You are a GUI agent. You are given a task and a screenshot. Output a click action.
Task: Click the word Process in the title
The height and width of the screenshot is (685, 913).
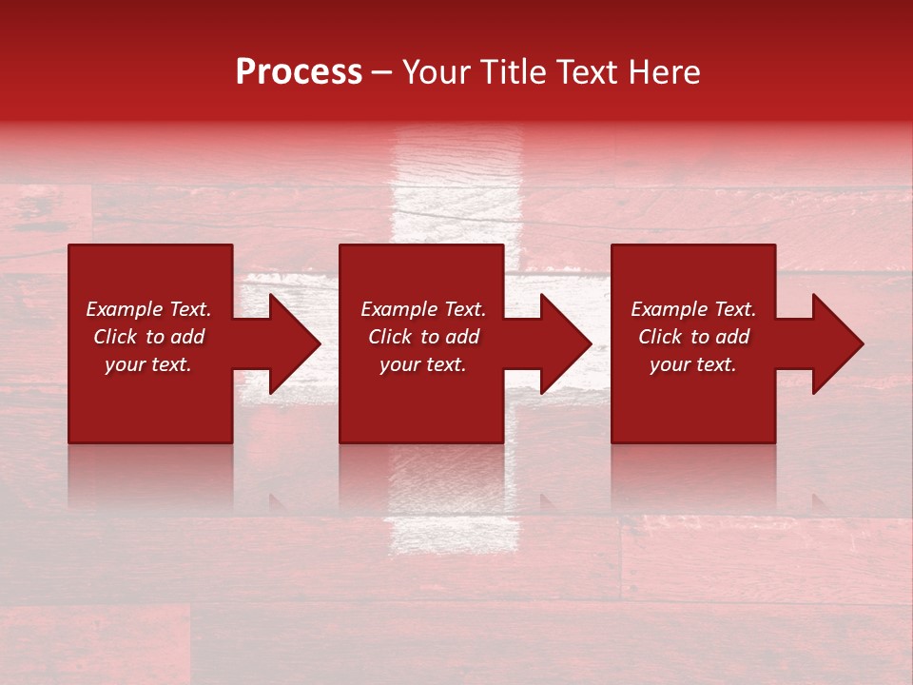click(299, 72)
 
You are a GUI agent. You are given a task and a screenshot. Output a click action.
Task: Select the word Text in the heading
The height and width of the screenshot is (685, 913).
click(585, 72)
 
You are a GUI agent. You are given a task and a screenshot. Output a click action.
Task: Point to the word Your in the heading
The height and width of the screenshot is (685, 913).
click(437, 72)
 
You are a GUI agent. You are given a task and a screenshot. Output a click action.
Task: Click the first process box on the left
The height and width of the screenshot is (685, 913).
click(150, 409)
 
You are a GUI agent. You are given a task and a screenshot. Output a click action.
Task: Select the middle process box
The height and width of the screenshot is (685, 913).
click(421, 409)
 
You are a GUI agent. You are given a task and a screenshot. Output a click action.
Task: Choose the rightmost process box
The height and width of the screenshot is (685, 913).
click(693, 409)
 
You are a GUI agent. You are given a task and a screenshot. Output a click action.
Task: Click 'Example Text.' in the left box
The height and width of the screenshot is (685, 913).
click(148, 309)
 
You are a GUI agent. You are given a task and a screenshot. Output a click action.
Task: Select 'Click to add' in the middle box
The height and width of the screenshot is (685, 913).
click(423, 337)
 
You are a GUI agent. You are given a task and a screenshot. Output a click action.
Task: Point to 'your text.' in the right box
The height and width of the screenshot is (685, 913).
click(693, 364)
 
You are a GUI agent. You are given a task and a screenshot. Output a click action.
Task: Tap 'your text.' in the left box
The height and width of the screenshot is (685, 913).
click(148, 364)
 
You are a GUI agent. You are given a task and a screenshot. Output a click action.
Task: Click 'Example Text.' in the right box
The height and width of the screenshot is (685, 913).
click(693, 309)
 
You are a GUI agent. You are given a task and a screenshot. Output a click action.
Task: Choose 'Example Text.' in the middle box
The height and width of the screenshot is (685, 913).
click(423, 309)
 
